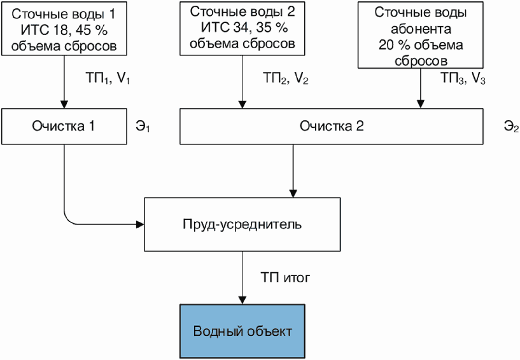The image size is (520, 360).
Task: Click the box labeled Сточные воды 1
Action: (64, 29)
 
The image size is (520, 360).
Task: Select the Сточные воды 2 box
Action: (242, 29)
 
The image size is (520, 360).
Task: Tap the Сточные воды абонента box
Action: (421, 35)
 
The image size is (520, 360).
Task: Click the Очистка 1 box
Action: (64, 127)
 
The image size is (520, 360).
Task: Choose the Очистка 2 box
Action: (332, 127)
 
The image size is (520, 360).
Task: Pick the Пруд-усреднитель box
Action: (242, 225)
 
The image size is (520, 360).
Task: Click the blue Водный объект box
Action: (242, 331)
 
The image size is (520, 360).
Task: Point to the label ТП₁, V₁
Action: (108, 79)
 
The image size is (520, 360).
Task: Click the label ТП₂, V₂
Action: (286, 79)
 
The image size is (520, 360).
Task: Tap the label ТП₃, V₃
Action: (463, 79)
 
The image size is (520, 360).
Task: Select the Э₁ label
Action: (143, 127)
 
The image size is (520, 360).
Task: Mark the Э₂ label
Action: (511, 127)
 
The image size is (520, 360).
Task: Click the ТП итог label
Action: (285, 277)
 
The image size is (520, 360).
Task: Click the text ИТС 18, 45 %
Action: (64, 30)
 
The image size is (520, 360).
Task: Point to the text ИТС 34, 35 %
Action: (244, 27)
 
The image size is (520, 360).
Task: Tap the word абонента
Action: (421, 29)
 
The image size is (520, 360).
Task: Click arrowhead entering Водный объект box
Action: (242, 300)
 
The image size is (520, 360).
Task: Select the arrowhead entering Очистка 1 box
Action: (64, 104)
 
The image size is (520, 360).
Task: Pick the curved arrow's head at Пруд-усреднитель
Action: (140, 225)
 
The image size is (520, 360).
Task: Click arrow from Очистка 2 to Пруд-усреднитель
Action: (293, 171)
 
